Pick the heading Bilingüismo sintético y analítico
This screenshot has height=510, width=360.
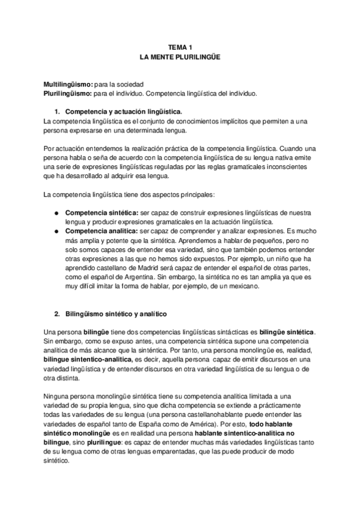[x=115, y=314]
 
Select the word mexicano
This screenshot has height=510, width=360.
[x=242, y=287]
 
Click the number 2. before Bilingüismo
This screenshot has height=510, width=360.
[x=58, y=314]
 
